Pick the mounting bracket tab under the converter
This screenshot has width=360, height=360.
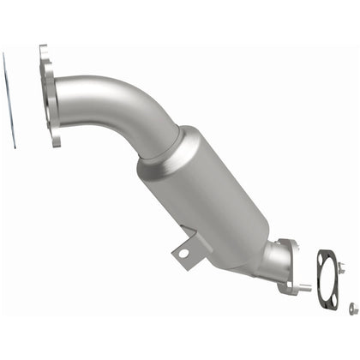coord(183,255)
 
